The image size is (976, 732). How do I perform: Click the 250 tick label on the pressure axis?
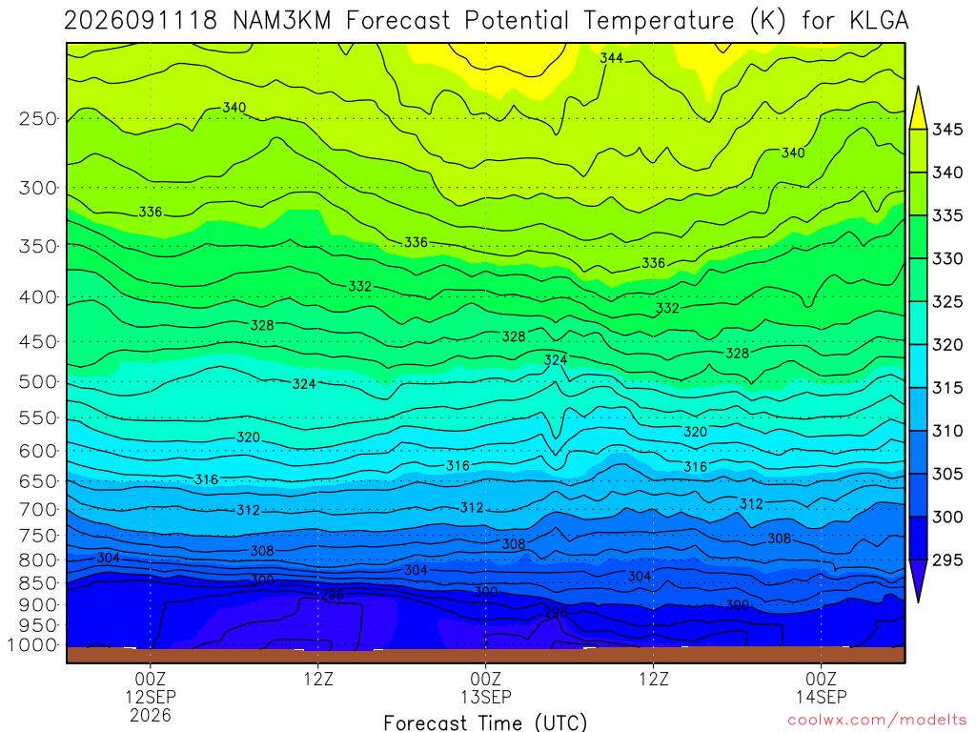click(38, 118)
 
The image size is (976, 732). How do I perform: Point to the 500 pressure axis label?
click(38, 381)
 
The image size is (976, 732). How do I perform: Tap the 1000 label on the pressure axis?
click(32, 645)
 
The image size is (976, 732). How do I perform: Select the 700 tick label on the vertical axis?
click(38, 510)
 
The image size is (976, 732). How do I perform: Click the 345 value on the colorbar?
click(946, 130)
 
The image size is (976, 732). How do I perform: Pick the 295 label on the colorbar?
click(946, 560)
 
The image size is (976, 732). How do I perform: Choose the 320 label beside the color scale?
click(946, 345)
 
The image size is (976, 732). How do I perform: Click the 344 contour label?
click(611, 58)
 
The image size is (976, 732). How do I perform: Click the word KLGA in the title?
click(879, 21)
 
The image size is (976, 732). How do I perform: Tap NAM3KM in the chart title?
click(281, 21)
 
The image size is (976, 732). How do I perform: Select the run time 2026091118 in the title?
click(141, 21)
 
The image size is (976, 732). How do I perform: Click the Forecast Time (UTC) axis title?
click(485, 722)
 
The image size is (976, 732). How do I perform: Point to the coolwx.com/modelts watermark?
click(877, 721)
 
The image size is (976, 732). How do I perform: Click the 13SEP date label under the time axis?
click(485, 697)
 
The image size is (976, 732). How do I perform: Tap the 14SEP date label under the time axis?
click(821, 697)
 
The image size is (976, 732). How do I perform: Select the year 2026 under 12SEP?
click(151, 715)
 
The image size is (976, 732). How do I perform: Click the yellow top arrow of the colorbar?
click(918, 108)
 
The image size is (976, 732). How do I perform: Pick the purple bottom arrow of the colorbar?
click(918, 581)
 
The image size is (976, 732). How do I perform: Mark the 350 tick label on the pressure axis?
click(38, 246)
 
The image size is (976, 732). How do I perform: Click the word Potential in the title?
click(517, 21)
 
